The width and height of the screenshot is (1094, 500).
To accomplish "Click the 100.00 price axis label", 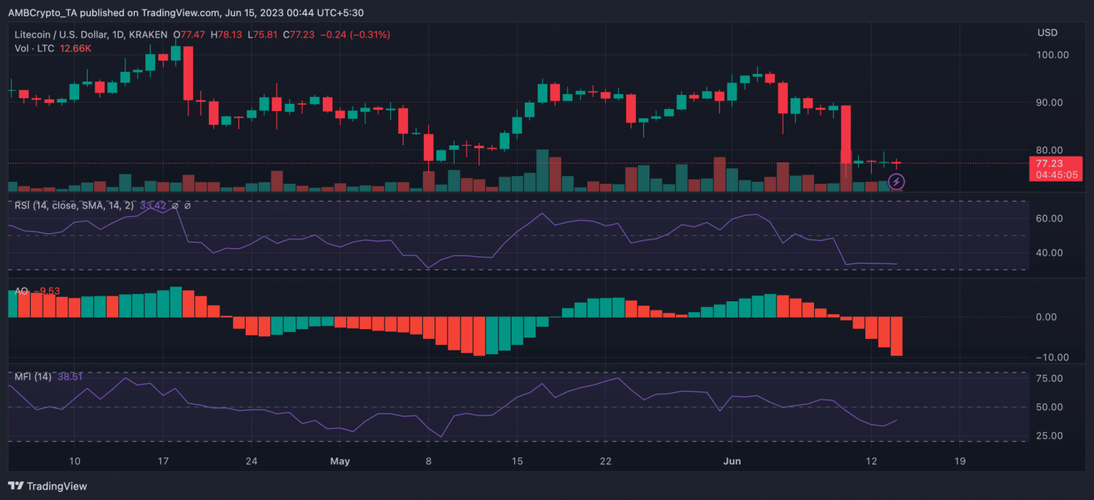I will [x=1053, y=55].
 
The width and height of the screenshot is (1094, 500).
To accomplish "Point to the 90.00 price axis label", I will [x=1053, y=103].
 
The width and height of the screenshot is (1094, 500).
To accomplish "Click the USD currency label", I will [x=1047, y=33].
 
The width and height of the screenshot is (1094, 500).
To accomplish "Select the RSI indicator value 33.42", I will [x=152, y=205].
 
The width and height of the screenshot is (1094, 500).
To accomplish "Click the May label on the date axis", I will [x=340, y=461].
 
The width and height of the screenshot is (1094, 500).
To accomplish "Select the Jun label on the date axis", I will [x=732, y=461].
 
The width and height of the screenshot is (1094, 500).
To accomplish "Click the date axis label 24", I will [x=251, y=461].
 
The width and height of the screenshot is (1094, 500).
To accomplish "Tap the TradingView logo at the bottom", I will [x=47, y=486].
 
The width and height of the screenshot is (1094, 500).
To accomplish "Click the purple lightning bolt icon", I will [x=897, y=182].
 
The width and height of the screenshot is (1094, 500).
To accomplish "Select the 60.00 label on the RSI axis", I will [x=1051, y=219].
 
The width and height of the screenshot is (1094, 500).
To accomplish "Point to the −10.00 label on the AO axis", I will [x=1050, y=358].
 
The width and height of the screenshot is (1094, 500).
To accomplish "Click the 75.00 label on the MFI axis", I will [x=1051, y=378].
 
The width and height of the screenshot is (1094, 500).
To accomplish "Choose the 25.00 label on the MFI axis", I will [x=1051, y=436].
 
